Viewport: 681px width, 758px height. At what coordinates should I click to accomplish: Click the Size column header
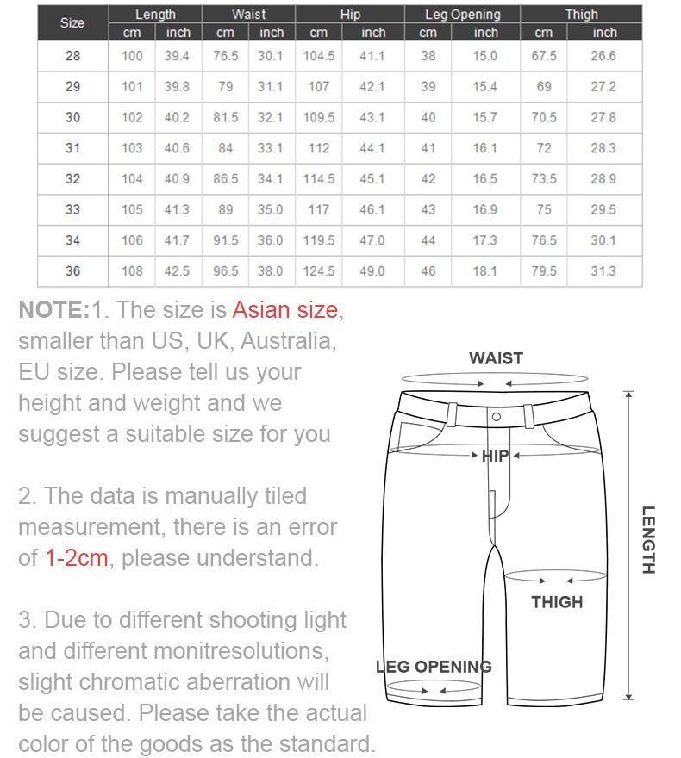coord(72,23)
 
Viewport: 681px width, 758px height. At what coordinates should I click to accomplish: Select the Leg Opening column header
coord(463,15)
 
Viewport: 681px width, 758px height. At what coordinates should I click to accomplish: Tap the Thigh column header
coord(581,15)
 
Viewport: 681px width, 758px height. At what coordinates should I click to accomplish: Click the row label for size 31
coord(72,148)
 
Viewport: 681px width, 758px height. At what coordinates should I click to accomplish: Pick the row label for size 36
coord(72,271)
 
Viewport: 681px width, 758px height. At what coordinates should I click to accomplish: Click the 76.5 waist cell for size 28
coord(225,56)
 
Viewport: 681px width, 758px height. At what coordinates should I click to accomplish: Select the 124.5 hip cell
coord(319,271)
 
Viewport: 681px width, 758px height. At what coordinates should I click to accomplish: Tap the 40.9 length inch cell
coord(178,179)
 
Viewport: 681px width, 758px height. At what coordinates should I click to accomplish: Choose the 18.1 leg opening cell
coord(485,271)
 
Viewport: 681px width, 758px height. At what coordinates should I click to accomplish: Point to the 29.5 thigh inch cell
coord(603,209)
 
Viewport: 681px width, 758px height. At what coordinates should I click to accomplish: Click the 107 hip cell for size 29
coord(319,87)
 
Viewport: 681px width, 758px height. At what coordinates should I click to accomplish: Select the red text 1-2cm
coord(77,558)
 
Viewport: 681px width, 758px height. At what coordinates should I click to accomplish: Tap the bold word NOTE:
coord(53,310)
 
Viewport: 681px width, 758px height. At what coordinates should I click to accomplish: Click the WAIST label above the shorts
coord(496,358)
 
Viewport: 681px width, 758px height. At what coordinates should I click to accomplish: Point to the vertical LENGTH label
coord(648,540)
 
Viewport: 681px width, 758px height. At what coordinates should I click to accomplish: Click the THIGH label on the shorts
coord(557,602)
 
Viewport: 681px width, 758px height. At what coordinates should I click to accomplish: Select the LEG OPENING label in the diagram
coord(434,667)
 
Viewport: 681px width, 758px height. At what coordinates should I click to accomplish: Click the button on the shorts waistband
coord(497,417)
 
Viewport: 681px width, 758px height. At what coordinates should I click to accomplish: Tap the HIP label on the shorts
coord(496,456)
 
